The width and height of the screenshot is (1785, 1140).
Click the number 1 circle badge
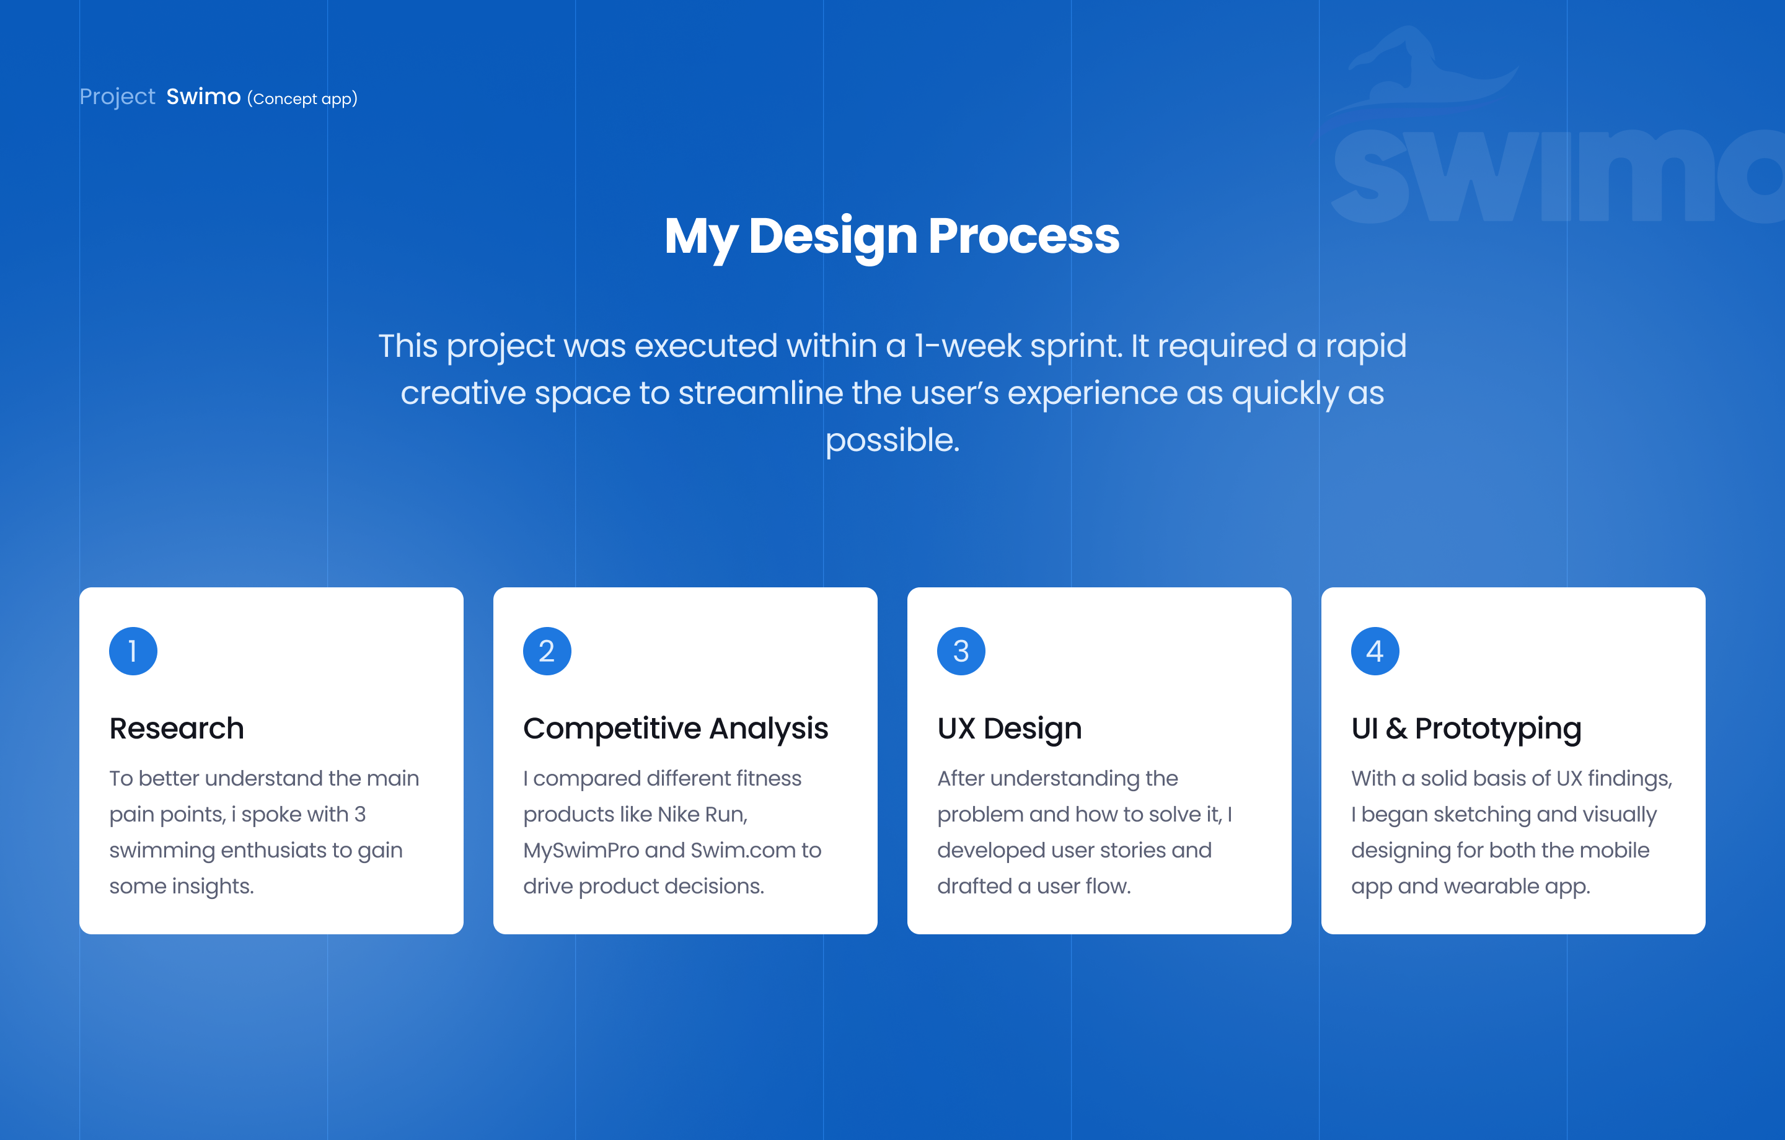coord(133,651)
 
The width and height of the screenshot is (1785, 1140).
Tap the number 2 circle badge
coord(547,651)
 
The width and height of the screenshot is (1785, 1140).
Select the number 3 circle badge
coord(961,651)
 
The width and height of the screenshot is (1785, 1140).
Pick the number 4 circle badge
coord(1375,651)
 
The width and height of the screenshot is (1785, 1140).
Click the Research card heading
coord(177,728)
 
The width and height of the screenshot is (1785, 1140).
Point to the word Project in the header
coord(117,97)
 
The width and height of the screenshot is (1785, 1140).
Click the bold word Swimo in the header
coord(203,97)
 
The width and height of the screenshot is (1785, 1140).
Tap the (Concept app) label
coord(302,99)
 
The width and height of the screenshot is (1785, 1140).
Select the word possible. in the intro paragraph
coord(892,441)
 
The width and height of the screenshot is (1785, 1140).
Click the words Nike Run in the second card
coord(702,815)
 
